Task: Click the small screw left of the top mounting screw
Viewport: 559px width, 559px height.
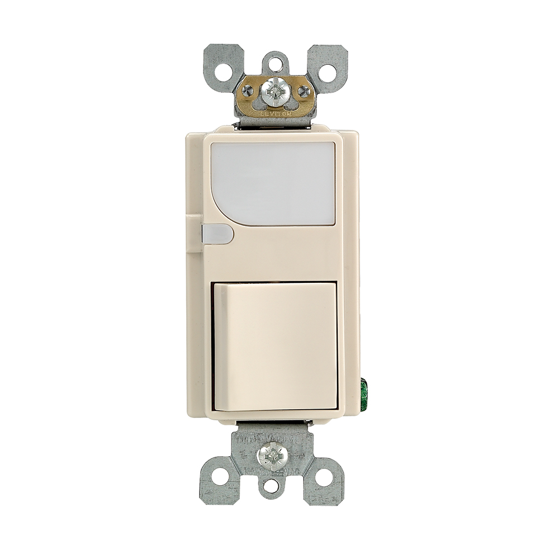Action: click(x=247, y=91)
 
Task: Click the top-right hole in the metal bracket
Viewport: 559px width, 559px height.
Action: click(x=328, y=71)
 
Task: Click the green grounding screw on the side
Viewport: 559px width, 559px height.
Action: click(x=366, y=390)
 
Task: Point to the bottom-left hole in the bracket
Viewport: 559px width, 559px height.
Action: click(x=220, y=476)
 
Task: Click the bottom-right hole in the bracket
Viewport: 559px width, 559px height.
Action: click(x=325, y=476)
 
